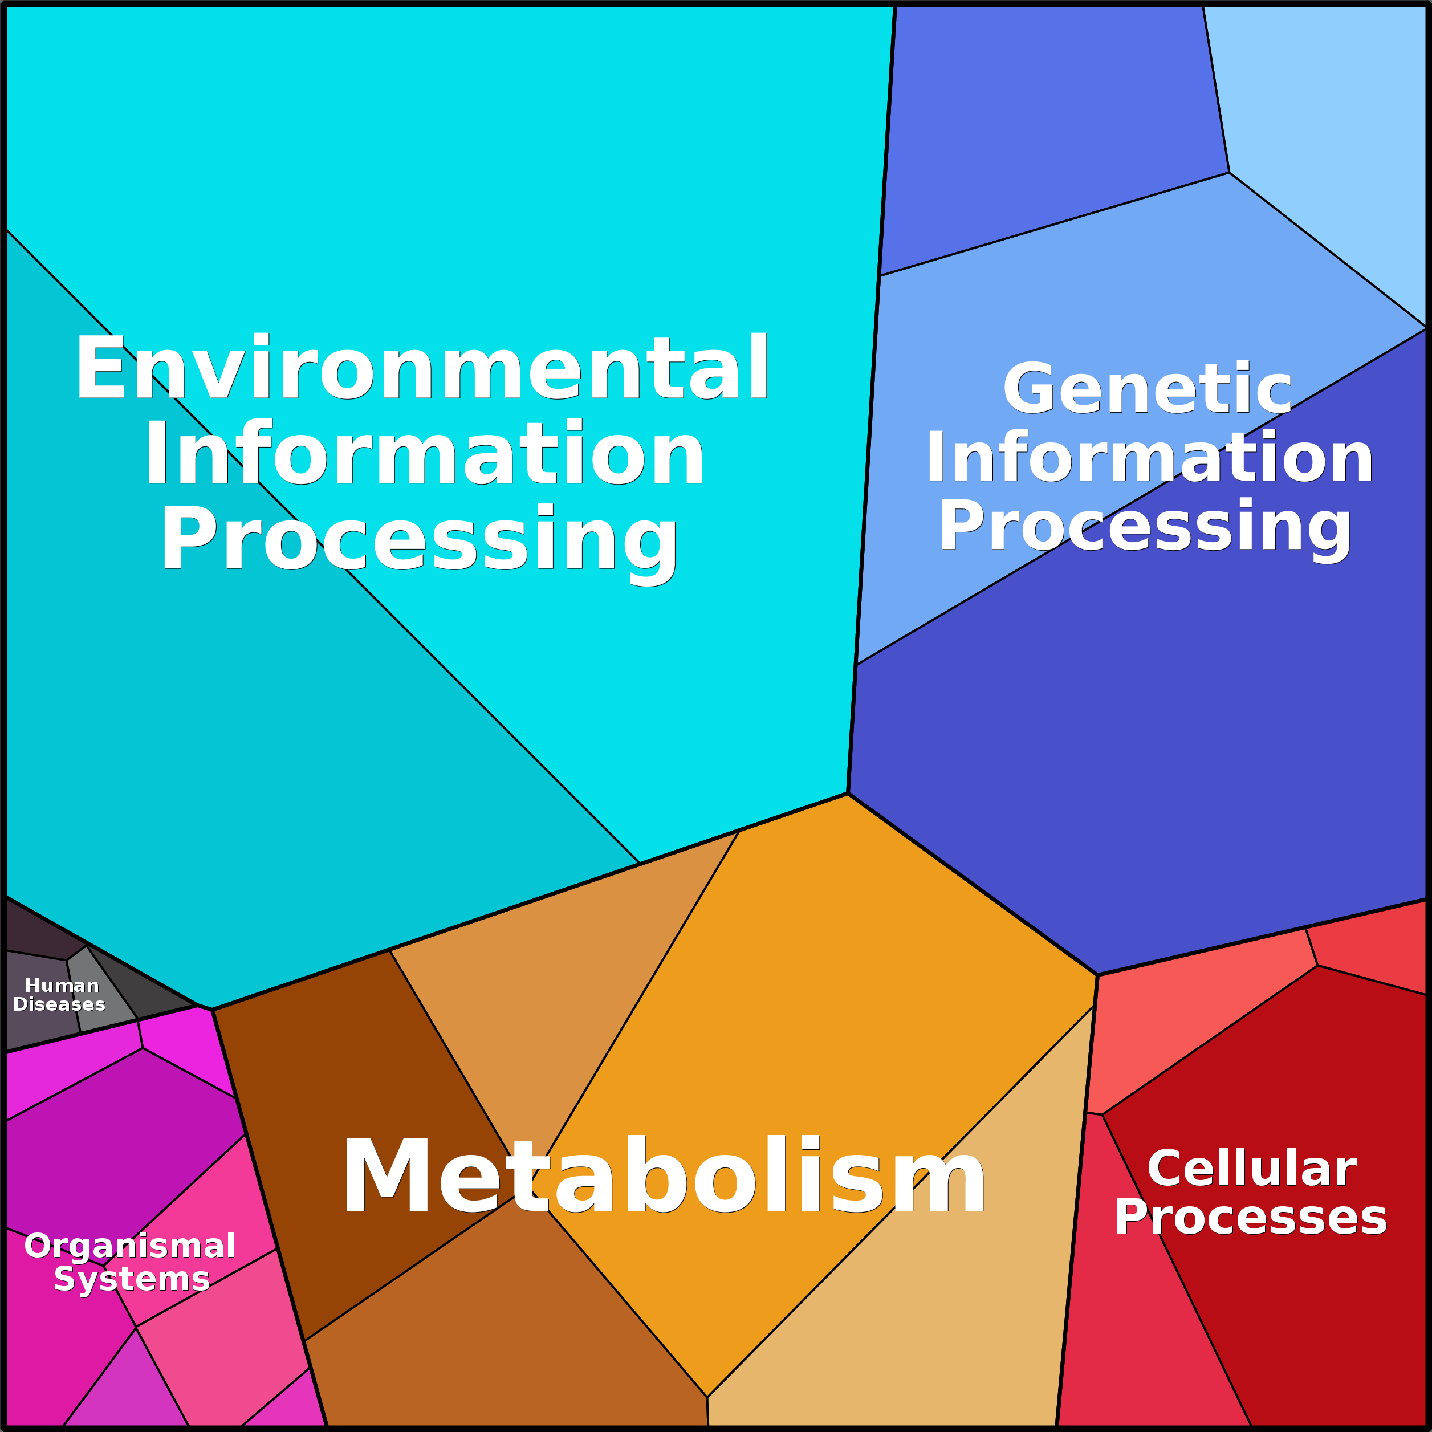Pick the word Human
[62, 986]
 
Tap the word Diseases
[59, 1004]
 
